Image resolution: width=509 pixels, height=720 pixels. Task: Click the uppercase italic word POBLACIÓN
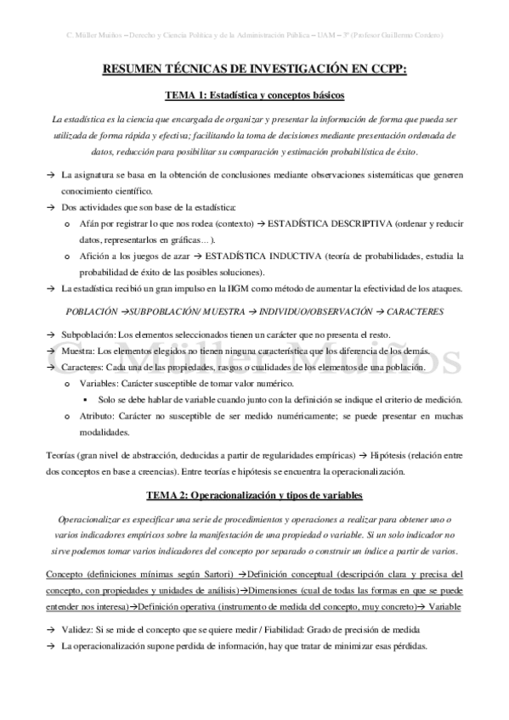click(91, 312)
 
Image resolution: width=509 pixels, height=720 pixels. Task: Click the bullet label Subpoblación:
click(88, 336)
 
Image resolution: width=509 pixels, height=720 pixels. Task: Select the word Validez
click(77, 629)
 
